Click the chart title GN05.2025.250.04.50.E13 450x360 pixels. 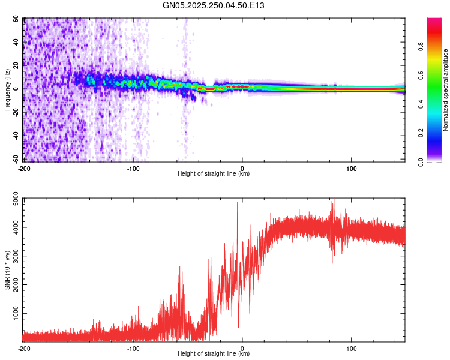(214, 5)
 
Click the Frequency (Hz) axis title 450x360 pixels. (8, 90)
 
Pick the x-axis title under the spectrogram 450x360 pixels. (214, 174)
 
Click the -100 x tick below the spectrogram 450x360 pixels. (133, 167)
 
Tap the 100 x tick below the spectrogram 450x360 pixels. (352, 167)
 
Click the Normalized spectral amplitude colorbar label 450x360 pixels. (445, 90)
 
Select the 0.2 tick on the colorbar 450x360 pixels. (438, 133)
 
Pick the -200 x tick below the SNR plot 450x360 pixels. (24, 348)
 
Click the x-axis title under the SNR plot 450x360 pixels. (214, 354)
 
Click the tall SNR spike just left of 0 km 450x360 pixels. (237, 204)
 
